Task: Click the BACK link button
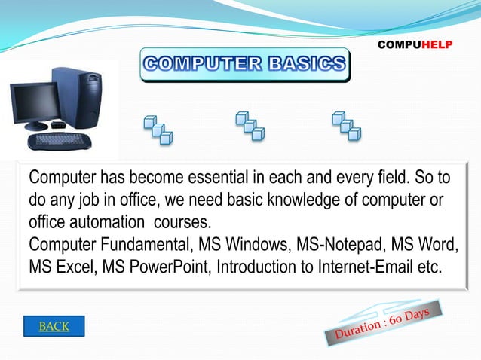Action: click(54, 326)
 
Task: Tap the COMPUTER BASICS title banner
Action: click(244, 65)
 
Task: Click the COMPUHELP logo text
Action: click(415, 45)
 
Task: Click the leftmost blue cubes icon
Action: click(158, 129)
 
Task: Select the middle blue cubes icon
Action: click(250, 126)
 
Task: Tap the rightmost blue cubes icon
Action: click(346, 126)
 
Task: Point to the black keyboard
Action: click(60, 140)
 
